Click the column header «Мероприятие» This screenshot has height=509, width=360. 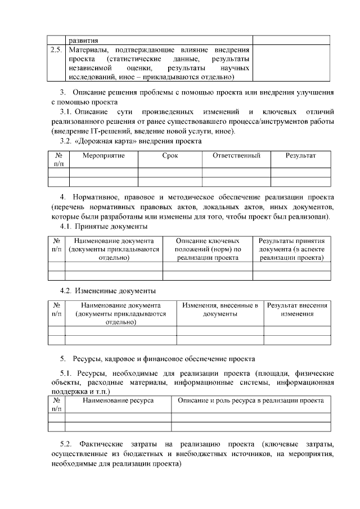click(103, 155)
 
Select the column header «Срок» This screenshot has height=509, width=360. click(170, 155)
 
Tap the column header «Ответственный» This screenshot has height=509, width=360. click(236, 155)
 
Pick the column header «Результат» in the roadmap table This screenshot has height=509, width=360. click(300, 155)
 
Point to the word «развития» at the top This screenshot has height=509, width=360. click(83, 40)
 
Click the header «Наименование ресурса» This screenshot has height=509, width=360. click(118, 400)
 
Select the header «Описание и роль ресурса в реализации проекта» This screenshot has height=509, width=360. click(250, 400)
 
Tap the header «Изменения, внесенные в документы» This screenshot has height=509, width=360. click(220, 309)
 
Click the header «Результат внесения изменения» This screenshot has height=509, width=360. click(297, 309)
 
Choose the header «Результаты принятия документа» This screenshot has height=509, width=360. click(291, 249)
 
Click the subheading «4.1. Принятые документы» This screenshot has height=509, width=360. click(103, 226)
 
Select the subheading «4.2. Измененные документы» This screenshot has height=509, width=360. click(107, 291)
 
